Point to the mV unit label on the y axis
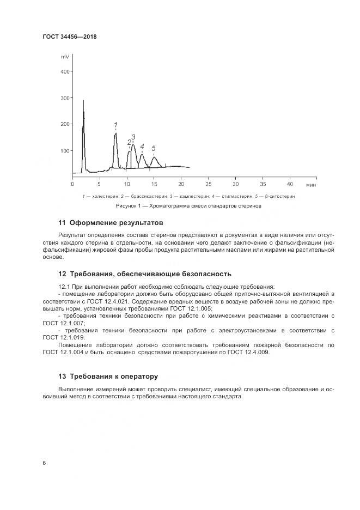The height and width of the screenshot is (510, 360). coord(65,57)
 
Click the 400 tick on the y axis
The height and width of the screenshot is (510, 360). coord(64,72)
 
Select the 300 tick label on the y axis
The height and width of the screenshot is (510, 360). coord(64,98)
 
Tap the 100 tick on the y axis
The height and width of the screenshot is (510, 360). coord(64,150)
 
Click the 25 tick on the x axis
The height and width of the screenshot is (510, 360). coord(208,184)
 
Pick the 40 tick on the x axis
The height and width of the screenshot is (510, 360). coord(290,184)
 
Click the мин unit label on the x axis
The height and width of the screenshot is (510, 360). coord(311,185)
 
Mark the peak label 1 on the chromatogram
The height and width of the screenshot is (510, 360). coord(115,125)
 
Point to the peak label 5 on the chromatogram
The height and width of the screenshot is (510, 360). coord(154,148)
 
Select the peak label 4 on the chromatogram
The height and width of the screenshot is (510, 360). coord(142,146)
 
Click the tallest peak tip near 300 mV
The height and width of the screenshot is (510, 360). coord(83,101)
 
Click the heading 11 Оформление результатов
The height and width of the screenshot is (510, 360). coord(111,223)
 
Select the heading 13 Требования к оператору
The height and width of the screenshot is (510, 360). coord(108,376)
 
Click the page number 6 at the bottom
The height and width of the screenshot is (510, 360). coord(44,462)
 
